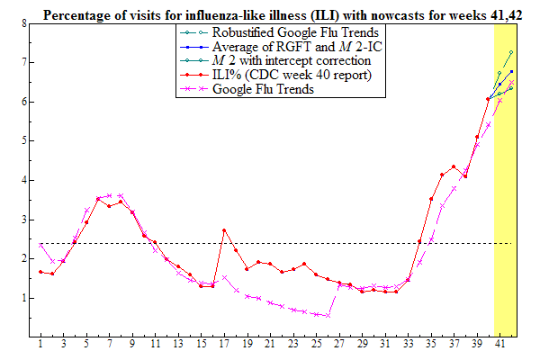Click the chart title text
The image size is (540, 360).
pos(278,10)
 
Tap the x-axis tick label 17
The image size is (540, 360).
pos(223,344)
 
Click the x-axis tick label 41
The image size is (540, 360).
pos(499,344)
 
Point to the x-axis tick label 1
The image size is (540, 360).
pos(40,344)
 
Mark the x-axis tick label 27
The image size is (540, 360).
pos(338,344)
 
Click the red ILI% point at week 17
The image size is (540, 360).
pos(224,230)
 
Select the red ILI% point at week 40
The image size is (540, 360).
pos(488,99)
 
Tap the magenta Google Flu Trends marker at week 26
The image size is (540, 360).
pos(328,316)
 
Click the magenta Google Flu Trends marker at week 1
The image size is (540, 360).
pos(40,245)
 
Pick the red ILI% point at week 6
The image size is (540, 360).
pos(98,199)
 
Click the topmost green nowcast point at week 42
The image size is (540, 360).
pos(510,53)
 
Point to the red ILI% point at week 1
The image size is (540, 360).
pos(40,272)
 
